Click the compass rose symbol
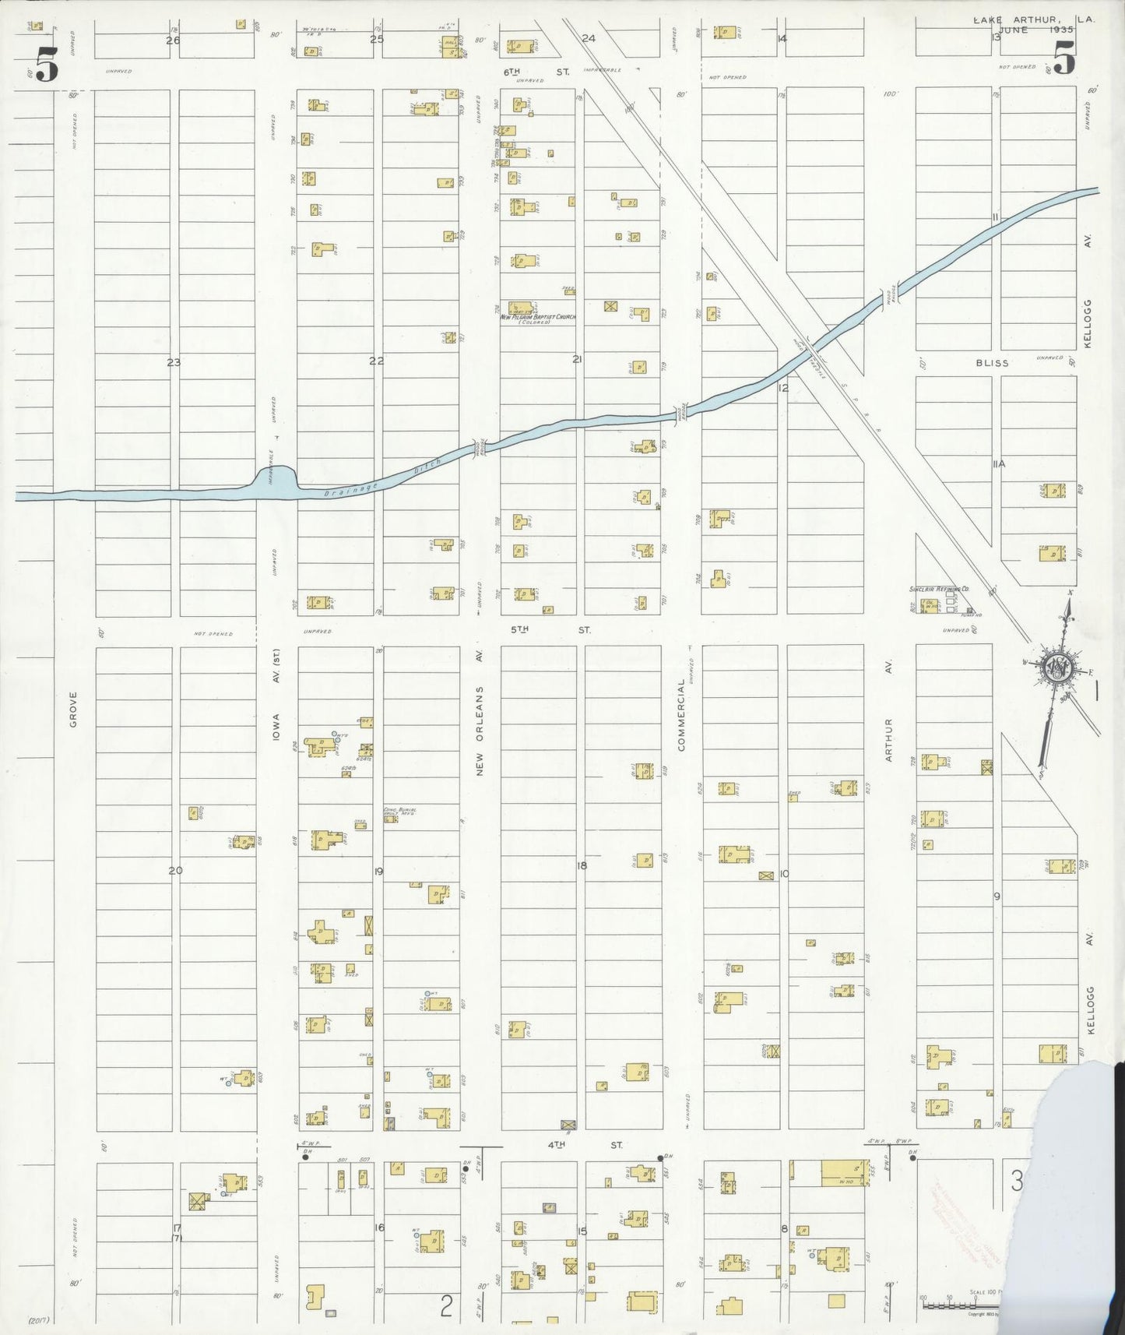(1060, 668)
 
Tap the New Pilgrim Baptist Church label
(538, 318)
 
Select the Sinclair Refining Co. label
(939, 590)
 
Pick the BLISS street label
(992, 363)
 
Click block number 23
(174, 361)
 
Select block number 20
(175, 870)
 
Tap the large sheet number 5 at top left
(46, 65)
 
